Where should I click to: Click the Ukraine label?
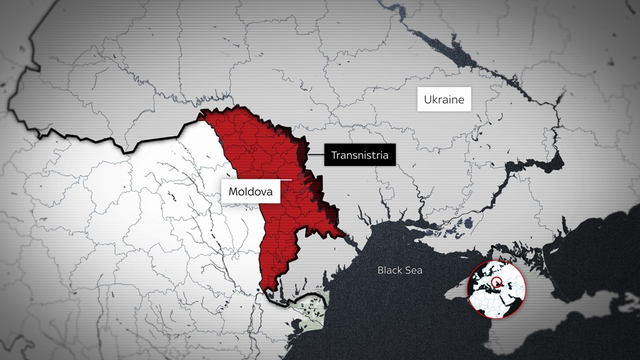coord(444,100)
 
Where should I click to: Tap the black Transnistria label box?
coord(359,155)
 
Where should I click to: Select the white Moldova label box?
coord(250,192)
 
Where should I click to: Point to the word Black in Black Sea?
coord(390,271)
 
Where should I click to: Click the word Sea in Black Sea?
coord(413,271)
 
